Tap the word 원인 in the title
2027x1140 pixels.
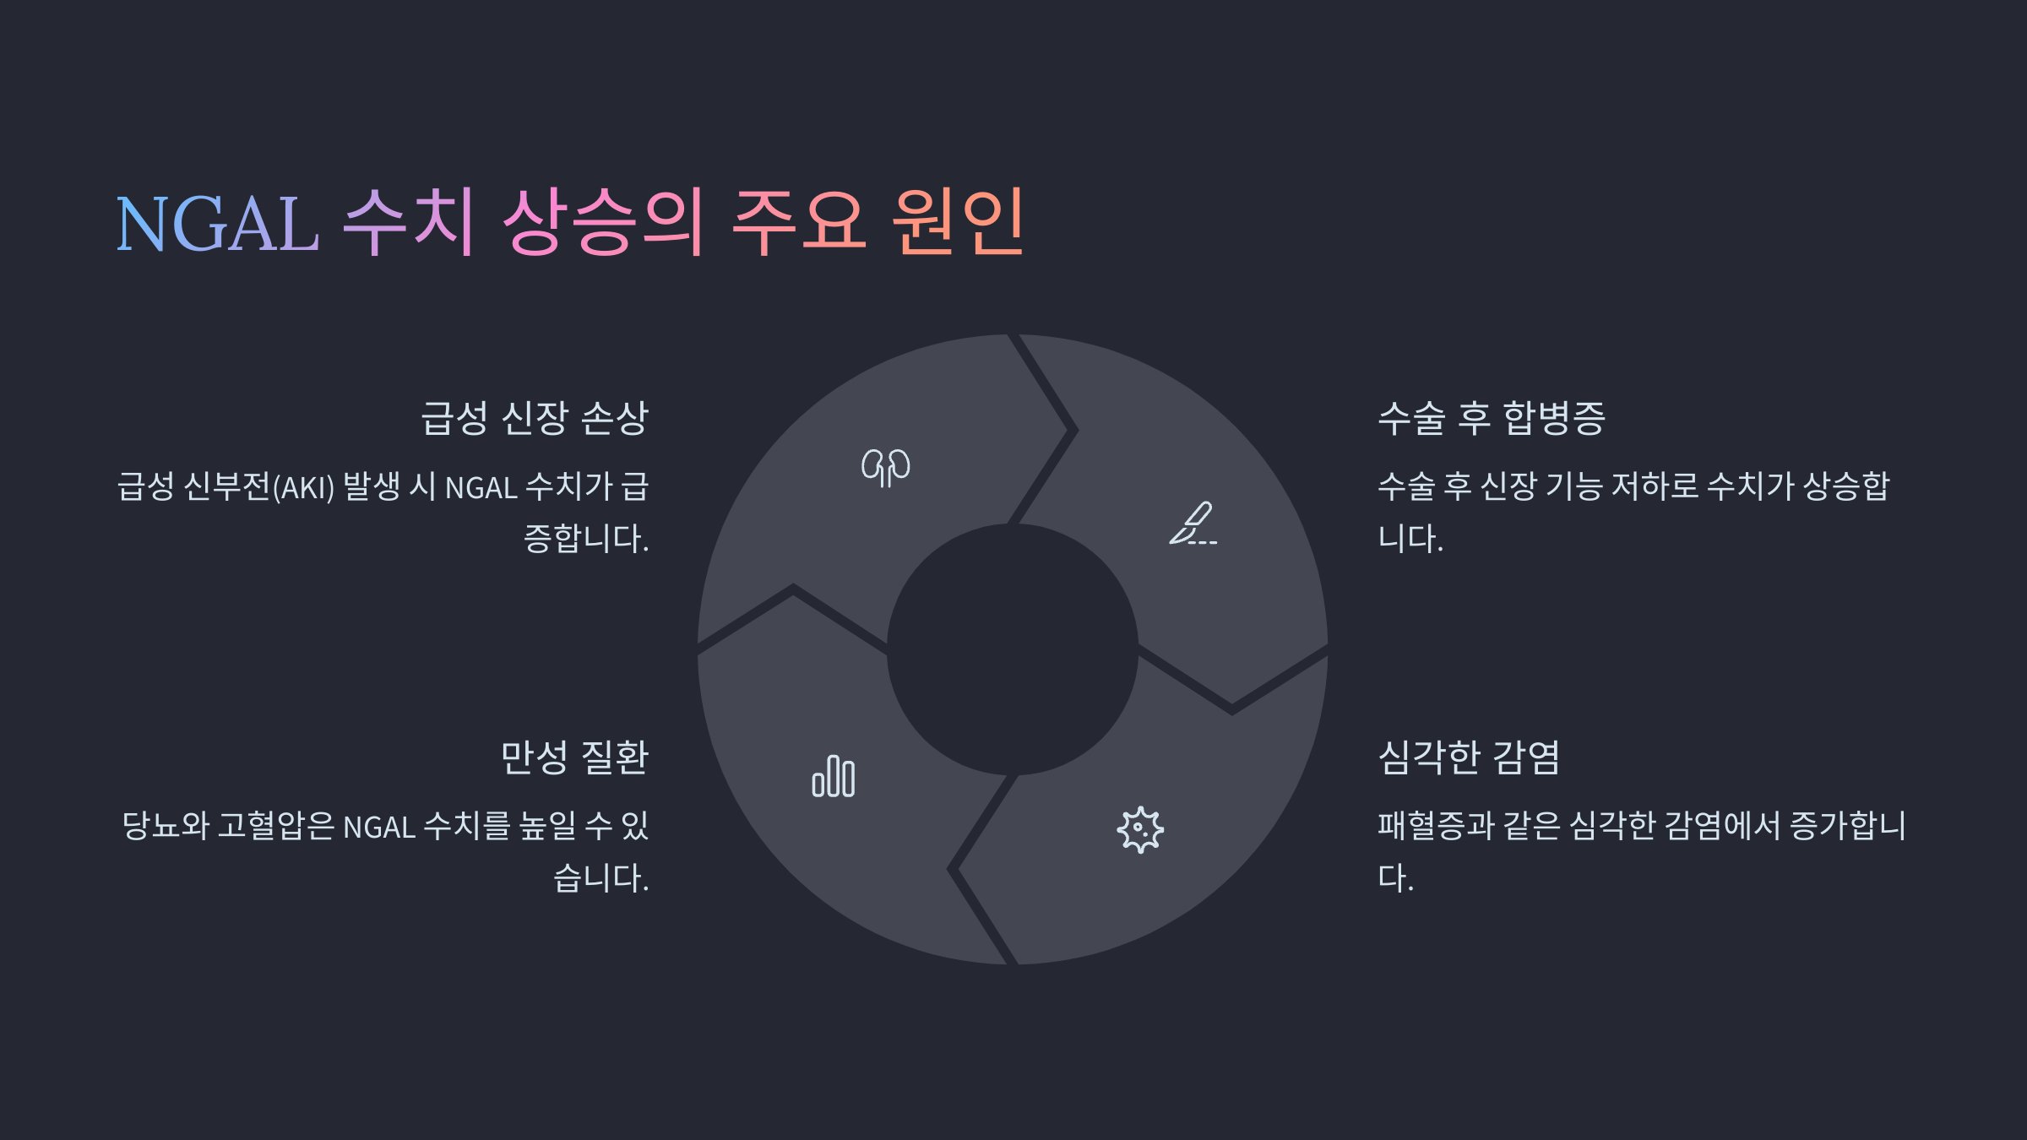(959, 222)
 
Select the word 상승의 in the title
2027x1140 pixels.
(603, 222)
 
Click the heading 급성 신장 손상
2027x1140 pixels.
(535, 418)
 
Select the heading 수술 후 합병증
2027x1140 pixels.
(1492, 418)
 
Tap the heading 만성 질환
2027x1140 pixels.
(574, 757)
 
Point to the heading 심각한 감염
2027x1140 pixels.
(1469, 757)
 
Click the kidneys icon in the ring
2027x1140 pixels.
(886, 467)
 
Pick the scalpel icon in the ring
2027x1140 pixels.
(1193, 524)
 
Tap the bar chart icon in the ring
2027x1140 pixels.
(834, 777)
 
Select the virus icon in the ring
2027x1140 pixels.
(1140, 829)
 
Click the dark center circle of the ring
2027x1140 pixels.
(1013, 649)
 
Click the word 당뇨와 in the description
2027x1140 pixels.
(166, 826)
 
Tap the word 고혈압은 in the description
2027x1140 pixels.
(276, 826)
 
